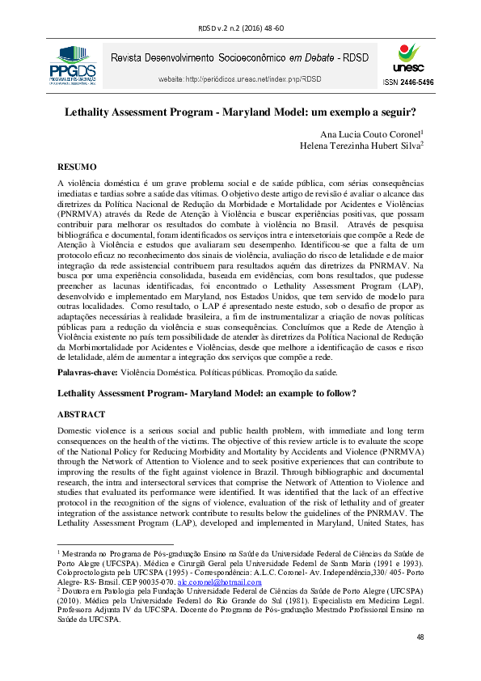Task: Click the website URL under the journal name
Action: (228, 79)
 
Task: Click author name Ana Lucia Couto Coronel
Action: (367, 133)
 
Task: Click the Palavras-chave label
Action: (87, 373)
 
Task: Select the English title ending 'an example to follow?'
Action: (207, 393)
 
